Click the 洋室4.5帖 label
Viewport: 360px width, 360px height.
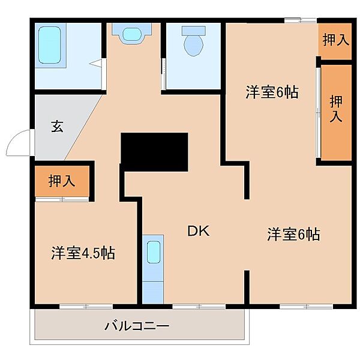82,253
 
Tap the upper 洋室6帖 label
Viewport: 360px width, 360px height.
272,92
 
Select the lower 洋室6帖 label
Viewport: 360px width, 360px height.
293,234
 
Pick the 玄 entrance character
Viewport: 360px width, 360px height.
57,127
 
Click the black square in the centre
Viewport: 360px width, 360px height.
154,149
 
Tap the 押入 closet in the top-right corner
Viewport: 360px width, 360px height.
335,41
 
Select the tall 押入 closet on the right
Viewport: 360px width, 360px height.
336,111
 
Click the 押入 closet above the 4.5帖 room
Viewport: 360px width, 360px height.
62,181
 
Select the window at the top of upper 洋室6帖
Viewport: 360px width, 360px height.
300,22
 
